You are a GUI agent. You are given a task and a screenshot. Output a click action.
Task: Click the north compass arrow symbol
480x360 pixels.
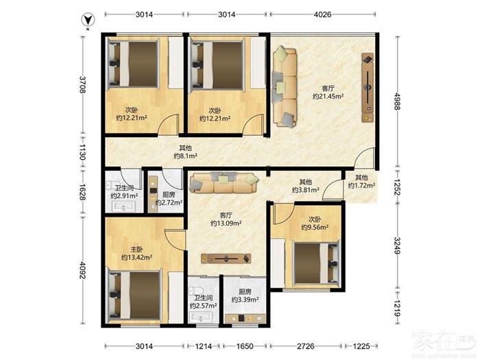(x=88, y=20)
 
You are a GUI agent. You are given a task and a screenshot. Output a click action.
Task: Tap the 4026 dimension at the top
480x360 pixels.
(x=323, y=14)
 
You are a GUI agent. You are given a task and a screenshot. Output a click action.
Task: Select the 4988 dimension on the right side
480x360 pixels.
(x=397, y=101)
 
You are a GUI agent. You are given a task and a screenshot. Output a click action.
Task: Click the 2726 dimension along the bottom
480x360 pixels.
(x=306, y=346)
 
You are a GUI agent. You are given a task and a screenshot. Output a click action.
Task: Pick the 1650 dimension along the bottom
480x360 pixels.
(x=245, y=346)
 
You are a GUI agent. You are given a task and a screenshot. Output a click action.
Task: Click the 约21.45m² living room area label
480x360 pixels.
(x=328, y=97)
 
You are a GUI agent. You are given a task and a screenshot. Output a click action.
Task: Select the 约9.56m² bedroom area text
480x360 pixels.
(x=315, y=227)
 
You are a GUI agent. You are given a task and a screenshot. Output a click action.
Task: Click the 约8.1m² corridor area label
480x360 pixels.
(x=185, y=156)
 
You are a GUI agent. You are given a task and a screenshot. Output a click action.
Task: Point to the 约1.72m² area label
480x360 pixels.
(x=361, y=186)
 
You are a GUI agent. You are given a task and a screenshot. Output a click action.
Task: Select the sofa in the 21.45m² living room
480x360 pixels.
(x=285, y=87)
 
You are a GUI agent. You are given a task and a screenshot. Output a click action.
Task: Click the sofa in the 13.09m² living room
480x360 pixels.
(x=224, y=183)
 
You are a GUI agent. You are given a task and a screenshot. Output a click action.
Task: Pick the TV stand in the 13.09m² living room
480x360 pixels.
(x=226, y=259)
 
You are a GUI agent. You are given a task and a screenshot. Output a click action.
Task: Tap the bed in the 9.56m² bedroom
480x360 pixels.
(x=317, y=264)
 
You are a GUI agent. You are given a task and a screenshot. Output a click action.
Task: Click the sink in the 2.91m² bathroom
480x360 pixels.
(x=123, y=206)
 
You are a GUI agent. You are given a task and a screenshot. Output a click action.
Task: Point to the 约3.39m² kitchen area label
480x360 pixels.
(x=245, y=300)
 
